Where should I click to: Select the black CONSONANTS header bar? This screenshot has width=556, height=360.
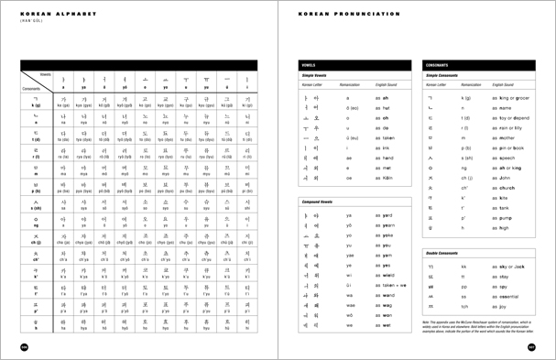478,65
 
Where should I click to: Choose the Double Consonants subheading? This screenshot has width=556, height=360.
447,251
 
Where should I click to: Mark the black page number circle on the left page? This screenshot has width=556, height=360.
24,347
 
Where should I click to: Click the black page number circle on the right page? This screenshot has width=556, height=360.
530,347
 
